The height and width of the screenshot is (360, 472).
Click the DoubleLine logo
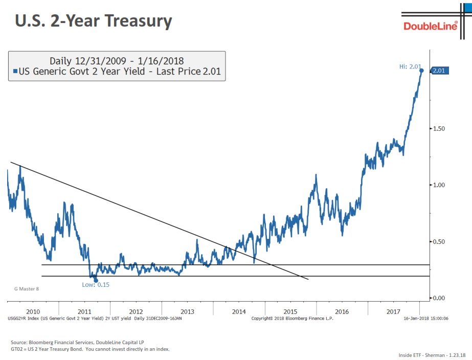[x=431, y=26]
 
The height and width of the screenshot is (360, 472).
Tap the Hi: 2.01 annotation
[x=410, y=66]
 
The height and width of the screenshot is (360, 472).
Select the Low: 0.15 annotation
[x=96, y=284]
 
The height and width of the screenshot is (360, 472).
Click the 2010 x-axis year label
[x=33, y=311]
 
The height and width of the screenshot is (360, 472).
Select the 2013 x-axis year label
[x=187, y=311]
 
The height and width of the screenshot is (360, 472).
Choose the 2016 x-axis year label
[x=342, y=311]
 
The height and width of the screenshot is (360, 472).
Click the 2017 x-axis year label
[x=393, y=311]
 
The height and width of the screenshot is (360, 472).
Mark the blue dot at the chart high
[x=422, y=71]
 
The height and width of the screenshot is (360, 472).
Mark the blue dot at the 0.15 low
[x=96, y=280]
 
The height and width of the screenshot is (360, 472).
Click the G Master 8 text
[x=26, y=289]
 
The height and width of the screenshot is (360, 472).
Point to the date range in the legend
[x=117, y=61]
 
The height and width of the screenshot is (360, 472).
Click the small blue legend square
[x=15, y=72]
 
